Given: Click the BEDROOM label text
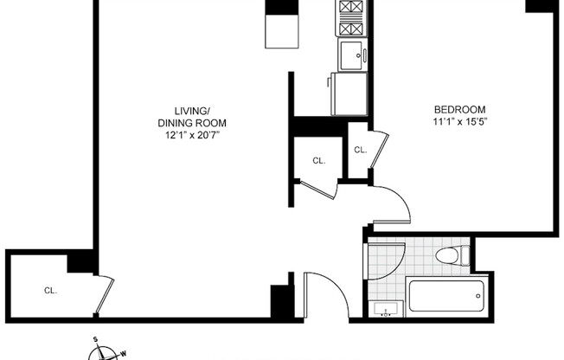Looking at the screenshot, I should [x=459, y=110].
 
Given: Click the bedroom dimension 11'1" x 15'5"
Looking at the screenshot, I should [x=459, y=123].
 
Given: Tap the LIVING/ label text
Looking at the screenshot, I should [x=192, y=111].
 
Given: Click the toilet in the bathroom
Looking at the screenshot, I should [x=451, y=255].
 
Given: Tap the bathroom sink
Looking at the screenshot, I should [x=383, y=309].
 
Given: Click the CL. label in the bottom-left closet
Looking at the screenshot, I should [x=50, y=291].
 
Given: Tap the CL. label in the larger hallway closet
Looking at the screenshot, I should [x=318, y=161].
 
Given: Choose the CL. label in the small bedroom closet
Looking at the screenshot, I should [x=360, y=150].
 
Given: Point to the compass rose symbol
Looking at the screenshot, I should [x=104, y=352].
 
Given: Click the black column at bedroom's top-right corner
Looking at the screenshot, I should [x=541, y=5].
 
